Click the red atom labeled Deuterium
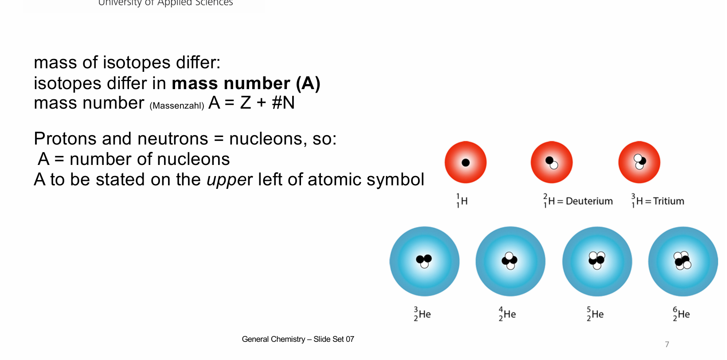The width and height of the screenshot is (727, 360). pyautogui.click(x=551, y=162)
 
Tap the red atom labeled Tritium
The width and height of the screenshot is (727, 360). pyautogui.click(x=639, y=162)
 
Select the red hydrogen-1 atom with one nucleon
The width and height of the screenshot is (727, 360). pyautogui.click(x=465, y=162)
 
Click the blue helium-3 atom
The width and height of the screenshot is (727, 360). pyautogui.click(x=424, y=261)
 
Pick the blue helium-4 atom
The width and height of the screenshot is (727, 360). pyautogui.click(x=510, y=261)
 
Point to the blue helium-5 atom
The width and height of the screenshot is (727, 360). pyautogui.click(x=597, y=261)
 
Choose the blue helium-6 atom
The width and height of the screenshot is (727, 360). pyautogui.click(x=683, y=261)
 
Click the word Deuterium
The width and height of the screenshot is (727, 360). pyautogui.click(x=589, y=201)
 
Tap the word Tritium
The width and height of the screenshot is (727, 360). pyautogui.click(x=668, y=201)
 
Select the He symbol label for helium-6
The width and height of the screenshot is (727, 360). pyautogui.click(x=684, y=314)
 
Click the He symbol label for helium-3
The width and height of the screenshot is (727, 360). pyautogui.click(x=425, y=314)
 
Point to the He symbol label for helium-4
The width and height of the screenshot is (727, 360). pyautogui.click(x=509, y=314)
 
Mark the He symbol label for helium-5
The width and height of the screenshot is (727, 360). pyautogui.click(x=598, y=314)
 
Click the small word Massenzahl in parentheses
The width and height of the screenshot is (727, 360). pyautogui.click(x=177, y=106)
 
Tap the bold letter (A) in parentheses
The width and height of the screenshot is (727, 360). pyautogui.click(x=308, y=83)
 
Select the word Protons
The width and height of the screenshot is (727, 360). pyautogui.click(x=65, y=139)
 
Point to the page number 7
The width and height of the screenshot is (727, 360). pyautogui.click(x=667, y=344)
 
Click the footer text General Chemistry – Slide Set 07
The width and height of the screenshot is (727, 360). pyautogui.click(x=298, y=339)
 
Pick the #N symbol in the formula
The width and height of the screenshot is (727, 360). pyautogui.click(x=283, y=103)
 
